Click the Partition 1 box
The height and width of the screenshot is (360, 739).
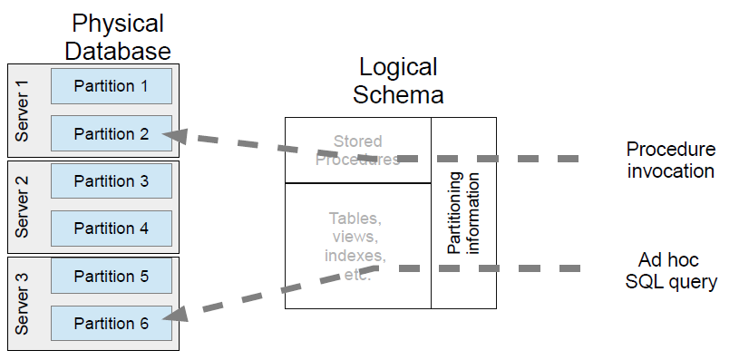coord(111,86)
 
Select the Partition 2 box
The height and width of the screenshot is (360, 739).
coord(111,133)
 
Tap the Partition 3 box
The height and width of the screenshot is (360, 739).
coord(111,181)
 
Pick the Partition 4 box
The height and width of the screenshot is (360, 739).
coord(111,229)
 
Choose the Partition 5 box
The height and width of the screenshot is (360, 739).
coord(111,276)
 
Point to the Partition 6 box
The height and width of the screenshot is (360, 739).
coord(111,323)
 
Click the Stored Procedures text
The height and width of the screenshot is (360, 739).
coord(357,150)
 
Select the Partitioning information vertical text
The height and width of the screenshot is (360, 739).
coord(463,212)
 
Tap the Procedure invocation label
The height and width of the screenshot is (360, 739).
coord(671,160)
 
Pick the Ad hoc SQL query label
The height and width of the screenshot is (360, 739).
coord(671,270)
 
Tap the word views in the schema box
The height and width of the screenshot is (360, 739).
coord(356,237)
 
